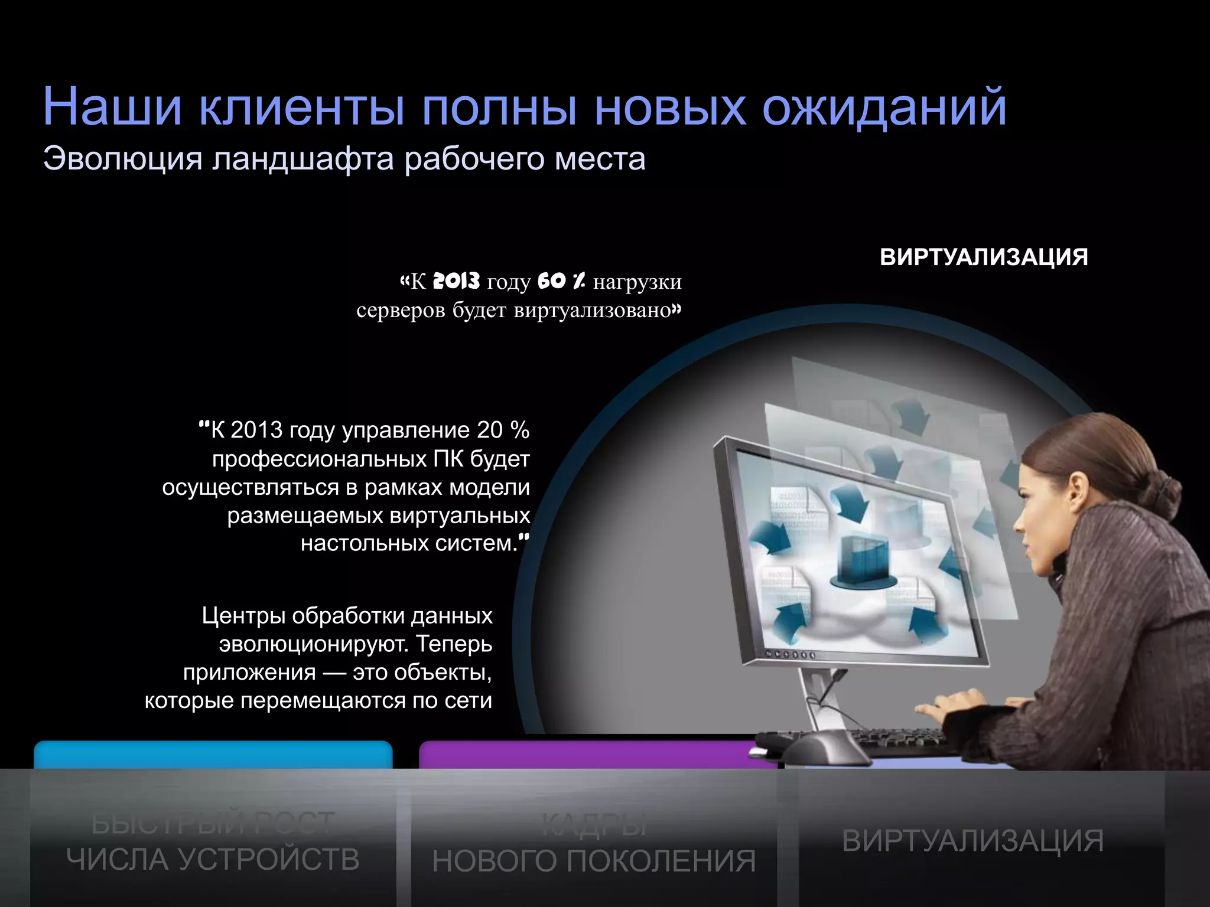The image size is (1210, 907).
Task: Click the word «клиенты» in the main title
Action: (x=301, y=107)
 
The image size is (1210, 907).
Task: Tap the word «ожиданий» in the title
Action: (x=884, y=107)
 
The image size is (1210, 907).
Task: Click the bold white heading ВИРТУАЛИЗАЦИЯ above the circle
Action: (x=984, y=257)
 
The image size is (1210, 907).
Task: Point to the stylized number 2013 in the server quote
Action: (x=456, y=281)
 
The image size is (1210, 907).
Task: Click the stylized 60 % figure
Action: (x=561, y=281)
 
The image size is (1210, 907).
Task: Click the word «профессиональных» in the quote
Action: (x=320, y=459)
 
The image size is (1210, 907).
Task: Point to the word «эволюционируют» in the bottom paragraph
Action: (x=313, y=644)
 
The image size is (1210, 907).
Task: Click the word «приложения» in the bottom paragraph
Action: (x=249, y=672)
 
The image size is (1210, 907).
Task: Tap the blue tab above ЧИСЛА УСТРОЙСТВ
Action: (x=213, y=755)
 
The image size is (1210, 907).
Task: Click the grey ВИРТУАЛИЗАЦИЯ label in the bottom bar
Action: (x=972, y=841)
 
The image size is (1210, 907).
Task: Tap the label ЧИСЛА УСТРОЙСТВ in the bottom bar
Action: (x=213, y=859)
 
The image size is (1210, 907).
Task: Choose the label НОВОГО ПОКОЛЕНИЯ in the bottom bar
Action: (x=594, y=861)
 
